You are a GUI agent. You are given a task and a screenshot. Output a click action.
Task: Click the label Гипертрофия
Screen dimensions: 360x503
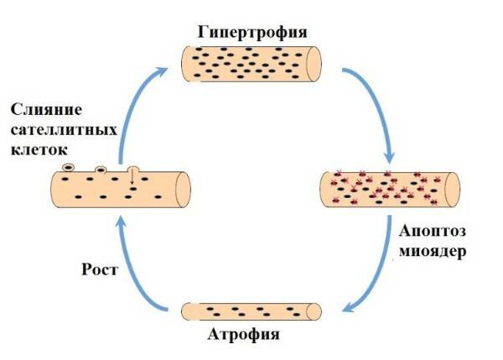[x=252, y=33]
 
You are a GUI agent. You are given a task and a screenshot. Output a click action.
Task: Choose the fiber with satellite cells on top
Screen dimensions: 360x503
[x=122, y=190]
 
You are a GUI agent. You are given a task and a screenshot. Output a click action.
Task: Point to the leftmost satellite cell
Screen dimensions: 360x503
[x=69, y=168]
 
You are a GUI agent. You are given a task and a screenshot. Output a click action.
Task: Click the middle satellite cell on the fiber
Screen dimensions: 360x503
[x=101, y=169]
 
